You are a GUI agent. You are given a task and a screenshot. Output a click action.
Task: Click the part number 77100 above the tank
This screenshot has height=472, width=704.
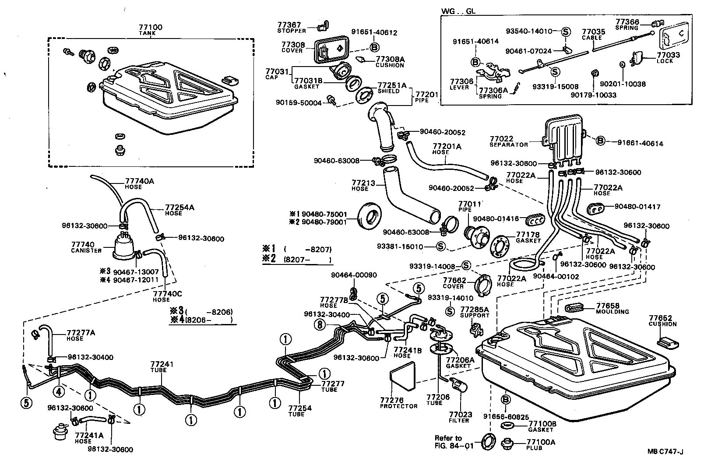150,28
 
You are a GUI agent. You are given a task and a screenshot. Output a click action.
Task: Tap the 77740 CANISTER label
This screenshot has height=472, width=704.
86,247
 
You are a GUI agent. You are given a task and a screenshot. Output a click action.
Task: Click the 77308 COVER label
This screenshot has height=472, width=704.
292,47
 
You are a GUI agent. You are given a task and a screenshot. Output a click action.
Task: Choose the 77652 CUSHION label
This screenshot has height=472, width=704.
662,321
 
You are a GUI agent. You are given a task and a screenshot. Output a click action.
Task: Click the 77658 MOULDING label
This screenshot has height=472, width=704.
612,308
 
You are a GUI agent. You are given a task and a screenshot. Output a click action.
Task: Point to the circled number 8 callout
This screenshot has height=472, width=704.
320,325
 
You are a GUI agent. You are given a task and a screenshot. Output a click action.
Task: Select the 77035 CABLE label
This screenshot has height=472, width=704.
593,35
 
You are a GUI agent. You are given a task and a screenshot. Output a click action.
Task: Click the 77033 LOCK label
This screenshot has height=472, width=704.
668,58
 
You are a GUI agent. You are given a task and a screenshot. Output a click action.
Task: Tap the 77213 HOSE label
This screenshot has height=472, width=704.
363,185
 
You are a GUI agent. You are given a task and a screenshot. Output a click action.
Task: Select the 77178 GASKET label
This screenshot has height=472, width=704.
528,237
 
